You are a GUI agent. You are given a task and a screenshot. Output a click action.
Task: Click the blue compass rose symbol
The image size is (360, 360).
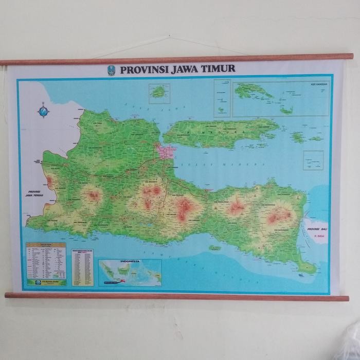pyautogui.click(x=43, y=110)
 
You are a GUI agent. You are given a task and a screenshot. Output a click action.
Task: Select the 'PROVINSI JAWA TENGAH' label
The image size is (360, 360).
pyautogui.click(x=32, y=195)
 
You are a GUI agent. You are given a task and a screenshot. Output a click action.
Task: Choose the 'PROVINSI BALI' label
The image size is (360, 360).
pyautogui.click(x=317, y=228)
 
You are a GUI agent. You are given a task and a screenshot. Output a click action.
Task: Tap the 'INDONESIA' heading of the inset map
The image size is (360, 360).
pyautogui.click(x=130, y=262)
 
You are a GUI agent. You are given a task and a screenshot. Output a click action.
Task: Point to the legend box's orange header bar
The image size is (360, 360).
pyautogui.click(x=46, y=245)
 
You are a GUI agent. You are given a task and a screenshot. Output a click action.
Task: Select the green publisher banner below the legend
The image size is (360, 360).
pyautogui.click(x=46, y=282)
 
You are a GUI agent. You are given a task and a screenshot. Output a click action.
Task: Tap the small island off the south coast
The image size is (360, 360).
pyautogui.click(x=214, y=248)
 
